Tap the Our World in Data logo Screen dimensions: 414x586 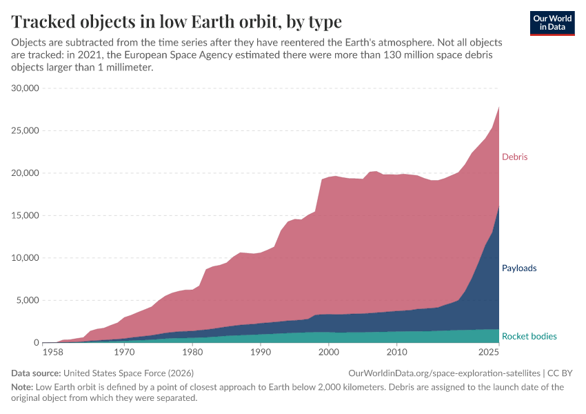552,23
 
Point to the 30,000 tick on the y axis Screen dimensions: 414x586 26,88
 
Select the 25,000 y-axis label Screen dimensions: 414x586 26,131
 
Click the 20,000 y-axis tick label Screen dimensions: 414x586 26,173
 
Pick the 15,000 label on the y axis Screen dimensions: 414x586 26,216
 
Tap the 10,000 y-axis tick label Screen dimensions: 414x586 26,258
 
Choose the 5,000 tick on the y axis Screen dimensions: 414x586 28,301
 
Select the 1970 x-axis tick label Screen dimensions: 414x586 124,353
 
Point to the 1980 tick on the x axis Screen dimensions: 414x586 192,353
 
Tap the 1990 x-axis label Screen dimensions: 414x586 260,353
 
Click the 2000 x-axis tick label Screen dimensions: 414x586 328,353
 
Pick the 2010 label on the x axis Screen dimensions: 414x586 396,353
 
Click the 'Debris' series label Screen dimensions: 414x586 514,157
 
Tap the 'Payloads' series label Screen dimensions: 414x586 519,268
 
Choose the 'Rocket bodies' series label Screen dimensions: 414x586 529,336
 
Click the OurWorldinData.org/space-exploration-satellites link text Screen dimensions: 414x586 445,373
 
